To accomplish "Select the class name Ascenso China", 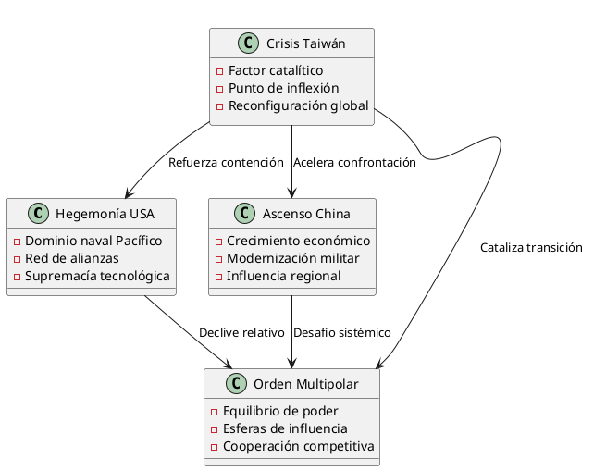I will [x=307, y=214].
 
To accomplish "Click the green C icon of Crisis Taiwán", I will [x=248, y=43].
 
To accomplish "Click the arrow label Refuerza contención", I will [x=226, y=163].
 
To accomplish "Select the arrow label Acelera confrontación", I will [x=354, y=163].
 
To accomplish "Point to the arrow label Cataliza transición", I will [x=531, y=248].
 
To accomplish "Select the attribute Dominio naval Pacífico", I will [x=93, y=241].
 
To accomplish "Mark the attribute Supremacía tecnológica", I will [x=96, y=276].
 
